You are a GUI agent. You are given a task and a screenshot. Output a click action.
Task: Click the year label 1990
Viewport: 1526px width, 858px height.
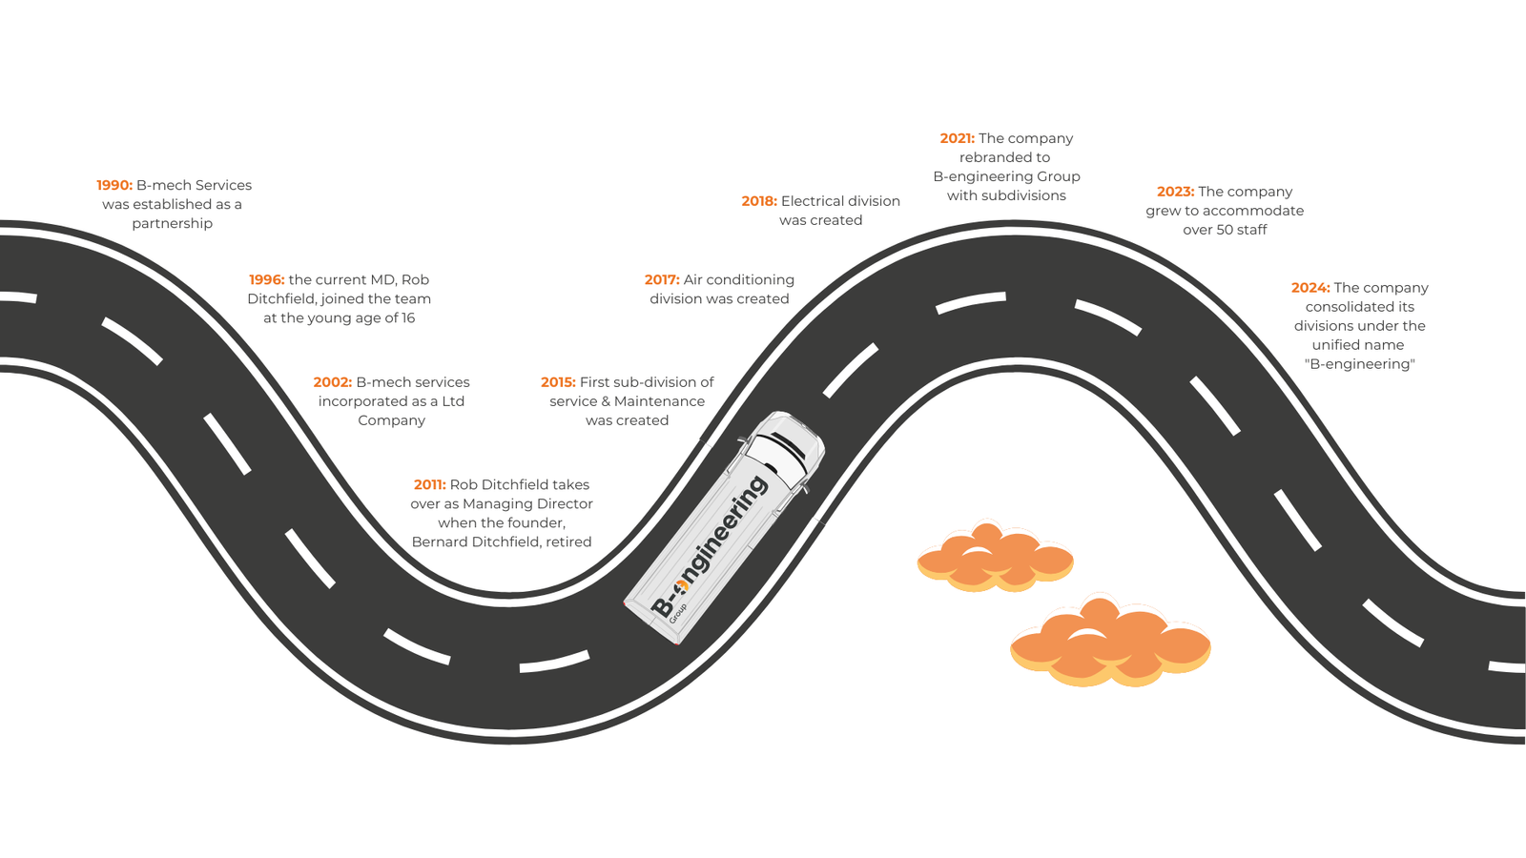[114, 185]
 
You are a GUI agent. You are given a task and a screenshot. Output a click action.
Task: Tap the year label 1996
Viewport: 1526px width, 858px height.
[267, 279]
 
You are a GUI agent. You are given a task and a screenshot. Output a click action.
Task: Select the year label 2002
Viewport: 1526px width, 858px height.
[333, 382]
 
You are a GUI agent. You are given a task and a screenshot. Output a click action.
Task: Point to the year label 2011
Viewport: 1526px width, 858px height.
[430, 485]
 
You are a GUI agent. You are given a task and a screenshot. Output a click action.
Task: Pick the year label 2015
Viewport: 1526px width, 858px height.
[558, 382]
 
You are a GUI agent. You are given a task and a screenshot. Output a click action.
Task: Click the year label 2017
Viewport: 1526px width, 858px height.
[662, 279]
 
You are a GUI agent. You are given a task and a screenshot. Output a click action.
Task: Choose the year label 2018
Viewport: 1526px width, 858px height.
[759, 201]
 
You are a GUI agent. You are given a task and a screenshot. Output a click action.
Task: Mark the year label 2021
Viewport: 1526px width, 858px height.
[958, 138]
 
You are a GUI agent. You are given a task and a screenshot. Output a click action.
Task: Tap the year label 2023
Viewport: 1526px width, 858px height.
[1175, 192]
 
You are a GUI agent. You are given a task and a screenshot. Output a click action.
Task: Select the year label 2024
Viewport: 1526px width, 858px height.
[1310, 288]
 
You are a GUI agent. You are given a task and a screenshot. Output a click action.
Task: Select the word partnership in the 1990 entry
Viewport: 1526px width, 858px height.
[173, 223]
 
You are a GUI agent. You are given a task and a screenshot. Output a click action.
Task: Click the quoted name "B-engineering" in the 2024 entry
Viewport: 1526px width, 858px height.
[1359, 364]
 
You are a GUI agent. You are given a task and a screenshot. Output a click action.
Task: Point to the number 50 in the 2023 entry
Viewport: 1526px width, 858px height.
[1224, 230]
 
